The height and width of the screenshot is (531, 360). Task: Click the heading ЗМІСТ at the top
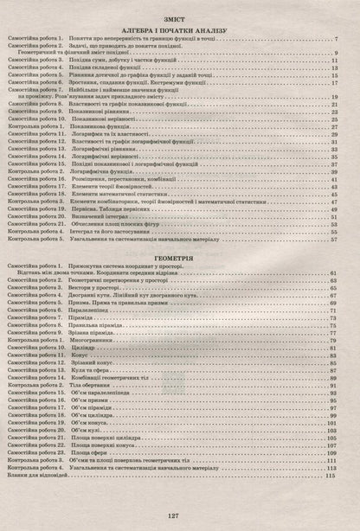point(180,16)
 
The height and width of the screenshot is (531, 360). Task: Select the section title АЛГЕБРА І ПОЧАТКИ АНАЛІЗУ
point(179,29)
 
